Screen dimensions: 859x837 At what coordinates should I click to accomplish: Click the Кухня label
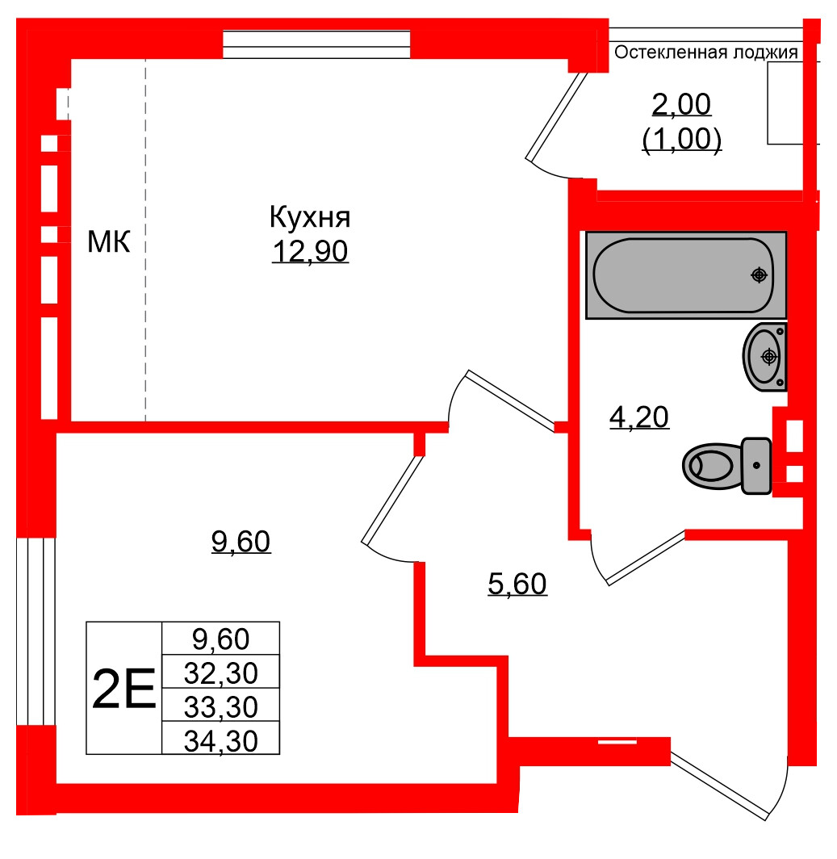[309, 218]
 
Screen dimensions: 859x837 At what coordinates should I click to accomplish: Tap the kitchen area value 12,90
[309, 253]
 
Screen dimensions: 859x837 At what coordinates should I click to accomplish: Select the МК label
[108, 241]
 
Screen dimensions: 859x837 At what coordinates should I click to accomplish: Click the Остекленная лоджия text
[706, 53]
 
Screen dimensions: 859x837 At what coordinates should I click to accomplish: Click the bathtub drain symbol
[758, 274]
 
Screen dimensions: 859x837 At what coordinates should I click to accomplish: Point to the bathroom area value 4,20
[638, 417]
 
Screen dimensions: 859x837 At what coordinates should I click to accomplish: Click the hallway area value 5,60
[518, 583]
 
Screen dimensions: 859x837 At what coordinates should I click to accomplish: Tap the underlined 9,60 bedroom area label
[241, 542]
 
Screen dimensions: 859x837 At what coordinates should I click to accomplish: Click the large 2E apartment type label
[123, 689]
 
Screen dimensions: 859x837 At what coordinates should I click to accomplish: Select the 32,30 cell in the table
[220, 673]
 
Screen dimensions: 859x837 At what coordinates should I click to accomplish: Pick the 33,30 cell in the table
[220, 706]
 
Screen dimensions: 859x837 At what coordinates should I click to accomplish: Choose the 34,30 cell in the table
[220, 740]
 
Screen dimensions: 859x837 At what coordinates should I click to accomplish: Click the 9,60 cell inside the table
[220, 639]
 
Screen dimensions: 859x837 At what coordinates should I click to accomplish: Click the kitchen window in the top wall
[316, 44]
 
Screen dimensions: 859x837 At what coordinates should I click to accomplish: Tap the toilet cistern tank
[756, 465]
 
